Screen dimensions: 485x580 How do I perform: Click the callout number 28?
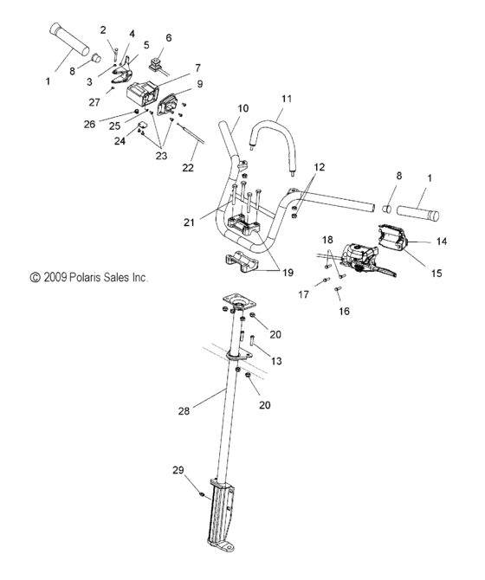(184, 410)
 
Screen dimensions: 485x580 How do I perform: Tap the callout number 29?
(178, 470)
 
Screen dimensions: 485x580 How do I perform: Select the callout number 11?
(287, 99)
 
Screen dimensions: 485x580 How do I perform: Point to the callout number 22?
(188, 168)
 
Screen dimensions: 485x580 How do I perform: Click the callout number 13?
(276, 361)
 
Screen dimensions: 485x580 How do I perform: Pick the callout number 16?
(344, 311)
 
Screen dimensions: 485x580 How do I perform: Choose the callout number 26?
(89, 124)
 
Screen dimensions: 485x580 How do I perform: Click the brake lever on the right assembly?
(383, 269)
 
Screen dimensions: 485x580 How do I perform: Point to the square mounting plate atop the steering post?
(239, 300)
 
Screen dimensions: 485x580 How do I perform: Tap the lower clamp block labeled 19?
(241, 262)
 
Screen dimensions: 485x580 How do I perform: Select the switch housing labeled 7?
(143, 93)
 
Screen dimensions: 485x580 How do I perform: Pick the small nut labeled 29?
(202, 494)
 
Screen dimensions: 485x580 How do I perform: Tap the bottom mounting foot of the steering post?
(221, 545)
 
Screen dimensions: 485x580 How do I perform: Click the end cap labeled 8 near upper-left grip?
(96, 58)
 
